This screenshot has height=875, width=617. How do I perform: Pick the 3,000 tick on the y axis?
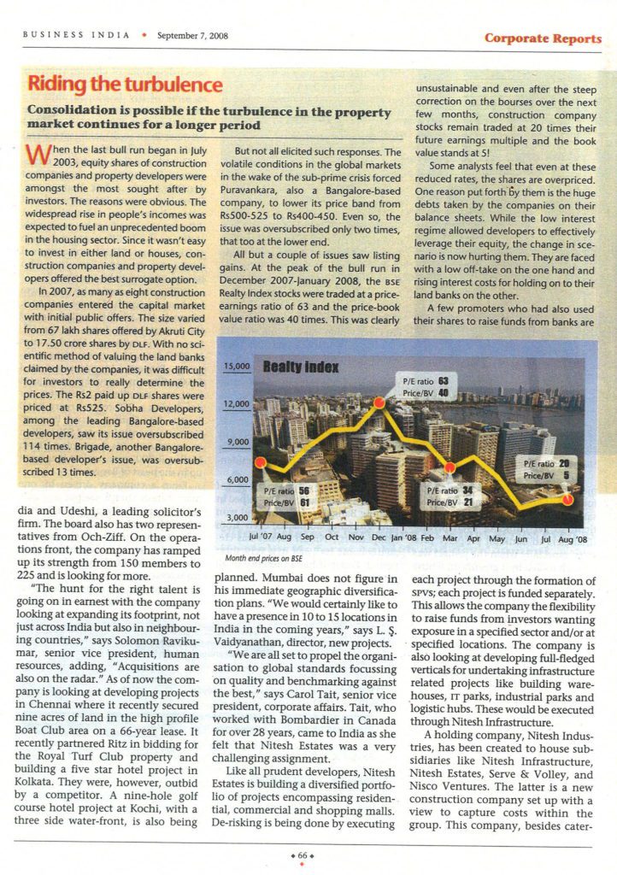(x=236, y=518)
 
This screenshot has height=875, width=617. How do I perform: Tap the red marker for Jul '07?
(x=259, y=467)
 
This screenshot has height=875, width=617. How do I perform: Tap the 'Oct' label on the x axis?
(x=332, y=538)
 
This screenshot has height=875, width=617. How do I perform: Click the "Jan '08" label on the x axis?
(x=403, y=538)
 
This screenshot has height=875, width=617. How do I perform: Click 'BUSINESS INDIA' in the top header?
(x=76, y=36)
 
